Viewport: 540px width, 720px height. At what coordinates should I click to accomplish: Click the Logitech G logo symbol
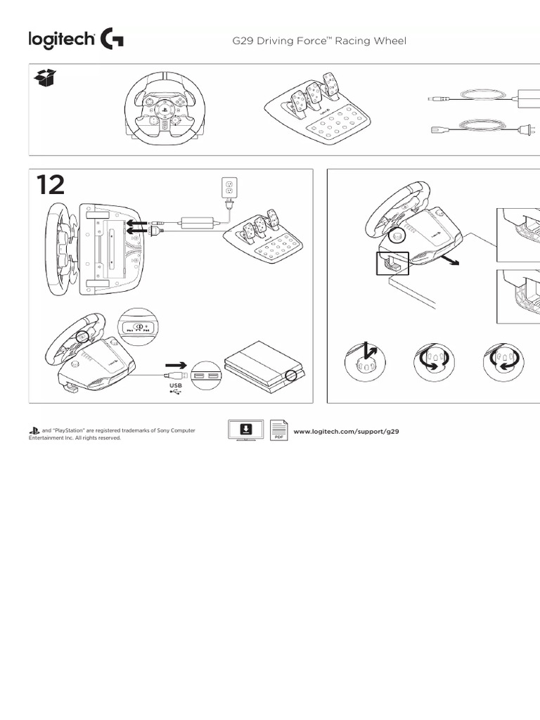point(112,39)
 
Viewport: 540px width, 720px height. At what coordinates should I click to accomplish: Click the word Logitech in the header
point(61,40)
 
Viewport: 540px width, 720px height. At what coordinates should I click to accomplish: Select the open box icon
point(45,79)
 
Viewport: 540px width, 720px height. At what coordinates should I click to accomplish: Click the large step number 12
point(51,186)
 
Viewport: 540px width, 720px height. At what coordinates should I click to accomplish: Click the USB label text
point(175,385)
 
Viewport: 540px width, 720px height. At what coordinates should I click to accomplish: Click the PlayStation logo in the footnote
point(34,430)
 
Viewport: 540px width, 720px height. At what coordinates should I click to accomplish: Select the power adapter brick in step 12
point(199,222)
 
